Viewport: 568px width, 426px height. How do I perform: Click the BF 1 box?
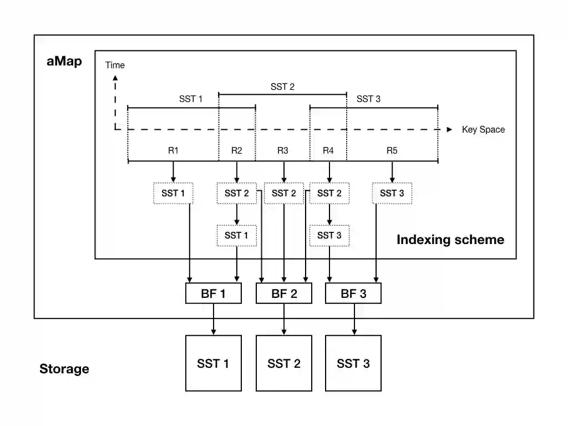213,293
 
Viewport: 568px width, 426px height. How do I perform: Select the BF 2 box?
284,293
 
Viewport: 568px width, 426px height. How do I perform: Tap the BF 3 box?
353,293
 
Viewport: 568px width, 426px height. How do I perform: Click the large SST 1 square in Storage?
213,363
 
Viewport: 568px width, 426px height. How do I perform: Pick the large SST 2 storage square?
284,363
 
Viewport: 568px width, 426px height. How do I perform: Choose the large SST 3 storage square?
353,363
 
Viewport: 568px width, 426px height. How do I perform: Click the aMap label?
64,62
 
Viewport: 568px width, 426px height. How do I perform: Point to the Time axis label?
115,65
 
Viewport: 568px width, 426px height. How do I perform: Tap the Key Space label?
483,130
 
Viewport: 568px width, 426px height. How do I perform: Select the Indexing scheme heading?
450,240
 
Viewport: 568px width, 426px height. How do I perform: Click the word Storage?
64,369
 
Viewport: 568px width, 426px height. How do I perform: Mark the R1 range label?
173,150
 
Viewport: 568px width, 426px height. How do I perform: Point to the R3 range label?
283,150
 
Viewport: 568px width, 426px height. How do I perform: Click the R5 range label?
392,150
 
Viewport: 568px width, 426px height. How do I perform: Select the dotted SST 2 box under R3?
284,193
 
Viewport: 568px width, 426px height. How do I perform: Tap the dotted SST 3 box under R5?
392,193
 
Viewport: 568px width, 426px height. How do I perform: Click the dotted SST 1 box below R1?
173,193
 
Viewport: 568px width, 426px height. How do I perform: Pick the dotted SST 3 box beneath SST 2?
329,236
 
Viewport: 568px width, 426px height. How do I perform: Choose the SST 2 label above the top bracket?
282,87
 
